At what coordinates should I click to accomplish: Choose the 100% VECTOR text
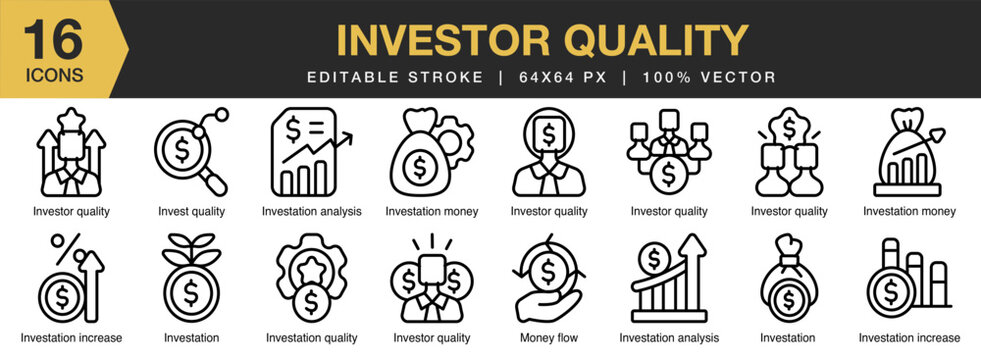coord(710,77)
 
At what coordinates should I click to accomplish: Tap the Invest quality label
coord(191,211)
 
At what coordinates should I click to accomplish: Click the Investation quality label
coord(311,338)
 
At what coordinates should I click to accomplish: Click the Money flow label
coord(549,338)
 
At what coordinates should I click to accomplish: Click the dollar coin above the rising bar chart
coord(656,258)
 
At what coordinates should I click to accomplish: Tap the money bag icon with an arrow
coord(909,153)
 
